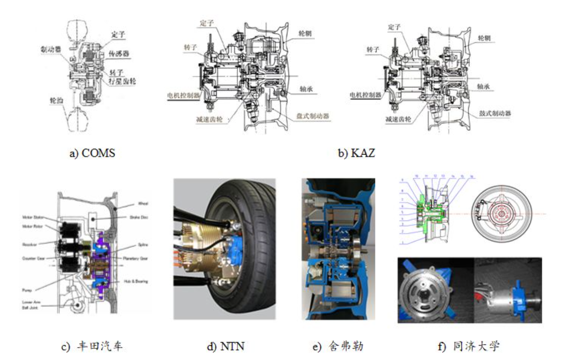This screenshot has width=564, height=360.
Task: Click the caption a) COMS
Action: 93,153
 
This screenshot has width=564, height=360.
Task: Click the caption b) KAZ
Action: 356,153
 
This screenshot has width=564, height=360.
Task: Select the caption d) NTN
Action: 226,347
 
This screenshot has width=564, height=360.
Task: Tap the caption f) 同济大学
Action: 469,347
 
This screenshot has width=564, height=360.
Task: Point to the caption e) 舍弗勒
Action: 338,347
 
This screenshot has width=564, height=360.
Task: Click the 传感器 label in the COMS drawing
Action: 119,54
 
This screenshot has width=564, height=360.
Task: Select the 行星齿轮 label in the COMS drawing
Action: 122,81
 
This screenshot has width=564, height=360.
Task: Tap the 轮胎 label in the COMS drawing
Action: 57,100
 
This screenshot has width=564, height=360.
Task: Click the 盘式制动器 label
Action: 313,116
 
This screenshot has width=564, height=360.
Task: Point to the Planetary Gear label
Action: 136,258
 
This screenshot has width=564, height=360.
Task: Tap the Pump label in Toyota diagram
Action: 27,290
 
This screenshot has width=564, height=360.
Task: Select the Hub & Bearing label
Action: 136,281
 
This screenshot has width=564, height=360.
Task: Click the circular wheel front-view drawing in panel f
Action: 502,213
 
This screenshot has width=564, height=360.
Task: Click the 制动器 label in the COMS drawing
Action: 51,49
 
